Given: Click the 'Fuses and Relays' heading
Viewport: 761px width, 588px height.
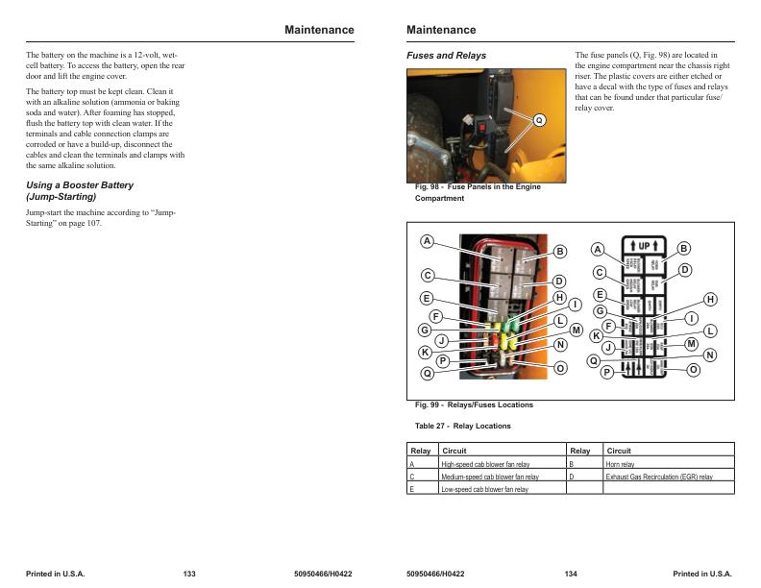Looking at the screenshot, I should [447, 56].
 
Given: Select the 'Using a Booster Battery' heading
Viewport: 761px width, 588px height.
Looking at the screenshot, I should [80, 185].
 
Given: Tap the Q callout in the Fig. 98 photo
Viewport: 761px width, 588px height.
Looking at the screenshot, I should [538, 120].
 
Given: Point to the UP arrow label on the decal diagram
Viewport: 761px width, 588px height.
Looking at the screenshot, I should [643, 246].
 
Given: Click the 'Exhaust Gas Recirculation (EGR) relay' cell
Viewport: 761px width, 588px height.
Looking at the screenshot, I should [659, 477].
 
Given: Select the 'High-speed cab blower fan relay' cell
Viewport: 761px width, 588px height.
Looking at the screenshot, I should [485, 464].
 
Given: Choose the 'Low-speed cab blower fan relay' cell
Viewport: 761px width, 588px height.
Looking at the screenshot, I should [484, 489].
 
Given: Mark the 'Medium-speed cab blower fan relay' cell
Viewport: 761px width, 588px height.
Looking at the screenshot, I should [489, 477].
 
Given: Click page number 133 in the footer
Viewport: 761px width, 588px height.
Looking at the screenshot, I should [189, 574].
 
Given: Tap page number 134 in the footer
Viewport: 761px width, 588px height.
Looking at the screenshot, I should [571, 574].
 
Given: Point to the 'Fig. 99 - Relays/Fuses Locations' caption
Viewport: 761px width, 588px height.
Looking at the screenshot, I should [474, 404].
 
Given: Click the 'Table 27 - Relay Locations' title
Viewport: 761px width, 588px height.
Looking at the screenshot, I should [462, 426].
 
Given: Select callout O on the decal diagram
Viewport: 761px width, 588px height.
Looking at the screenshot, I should [694, 370].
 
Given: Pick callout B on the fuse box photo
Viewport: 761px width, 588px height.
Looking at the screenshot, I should [560, 252].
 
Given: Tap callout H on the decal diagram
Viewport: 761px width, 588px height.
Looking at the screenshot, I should [710, 300].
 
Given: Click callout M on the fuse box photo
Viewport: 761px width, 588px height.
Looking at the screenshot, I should [577, 331].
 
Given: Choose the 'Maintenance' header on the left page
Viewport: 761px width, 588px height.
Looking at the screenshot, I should [319, 30].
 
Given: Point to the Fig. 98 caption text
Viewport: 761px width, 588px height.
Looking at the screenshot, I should [477, 192].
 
